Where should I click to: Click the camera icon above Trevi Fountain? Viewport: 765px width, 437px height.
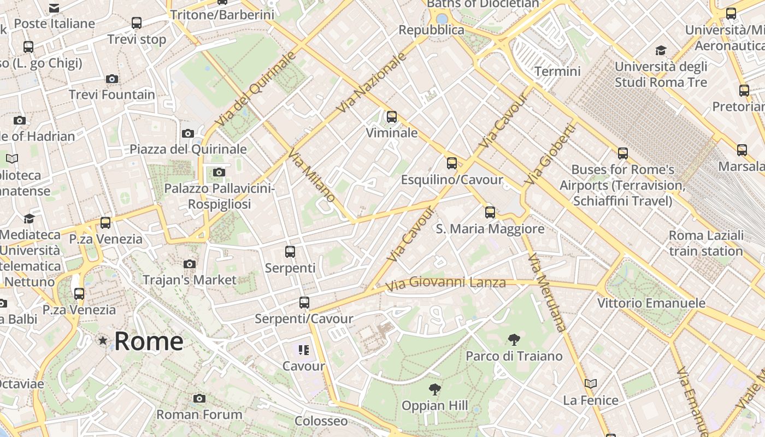tap(112, 79)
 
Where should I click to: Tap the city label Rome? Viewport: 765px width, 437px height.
tap(149, 341)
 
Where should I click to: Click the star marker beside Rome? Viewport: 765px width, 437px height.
tap(103, 341)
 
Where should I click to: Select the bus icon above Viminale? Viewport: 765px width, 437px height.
tap(391, 116)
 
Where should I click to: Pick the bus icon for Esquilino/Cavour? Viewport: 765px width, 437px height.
tap(451, 163)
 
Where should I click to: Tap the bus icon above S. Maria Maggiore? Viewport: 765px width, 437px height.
tap(490, 212)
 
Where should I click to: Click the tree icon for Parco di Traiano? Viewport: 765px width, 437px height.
tap(514, 340)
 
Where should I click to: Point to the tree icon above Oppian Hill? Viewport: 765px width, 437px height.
tap(435, 389)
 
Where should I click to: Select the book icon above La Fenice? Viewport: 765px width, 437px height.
tap(591, 383)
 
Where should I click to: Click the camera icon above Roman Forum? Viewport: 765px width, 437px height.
tap(199, 398)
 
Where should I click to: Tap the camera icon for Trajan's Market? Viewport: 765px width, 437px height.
tap(190, 264)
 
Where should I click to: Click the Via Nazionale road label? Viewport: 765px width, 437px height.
tap(372, 82)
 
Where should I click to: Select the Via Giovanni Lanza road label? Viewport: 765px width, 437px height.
tap(445, 284)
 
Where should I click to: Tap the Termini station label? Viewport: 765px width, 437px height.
tap(557, 72)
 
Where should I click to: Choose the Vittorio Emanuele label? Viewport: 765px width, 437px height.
tap(651, 303)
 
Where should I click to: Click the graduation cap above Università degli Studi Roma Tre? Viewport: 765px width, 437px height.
tap(661, 51)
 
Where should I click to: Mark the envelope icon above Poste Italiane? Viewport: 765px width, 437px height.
tap(54, 8)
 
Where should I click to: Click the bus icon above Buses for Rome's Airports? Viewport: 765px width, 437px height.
tap(623, 153)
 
